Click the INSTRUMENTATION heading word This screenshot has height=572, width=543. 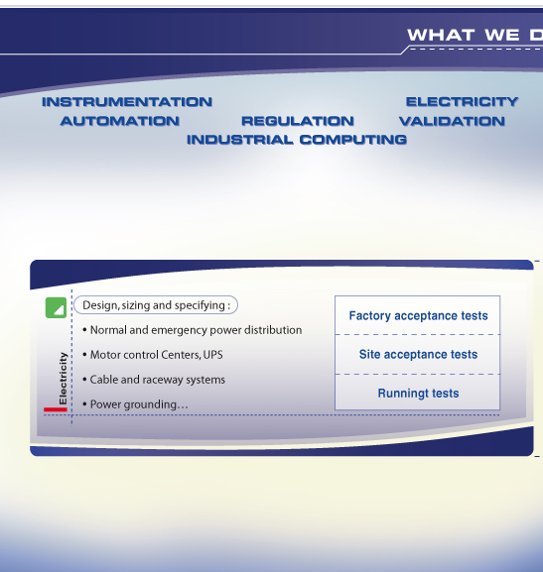[x=127, y=102]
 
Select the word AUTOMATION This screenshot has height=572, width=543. [x=120, y=121]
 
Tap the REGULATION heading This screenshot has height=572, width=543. [x=298, y=121]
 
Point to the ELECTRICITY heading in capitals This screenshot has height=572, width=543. [x=463, y=102]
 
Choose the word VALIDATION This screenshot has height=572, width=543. [x=453, y=121]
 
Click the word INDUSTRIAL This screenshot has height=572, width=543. [x=240, y=140]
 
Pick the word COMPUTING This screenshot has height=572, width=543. [x=353, y=140]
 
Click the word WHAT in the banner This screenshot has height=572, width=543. [x=441, y=36]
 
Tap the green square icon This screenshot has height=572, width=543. [x=56, y=307]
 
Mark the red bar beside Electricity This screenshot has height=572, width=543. [x=56, y=409]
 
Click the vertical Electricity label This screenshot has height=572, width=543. [x=63, y=379]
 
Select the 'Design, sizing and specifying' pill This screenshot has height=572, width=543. [x=156, y=305]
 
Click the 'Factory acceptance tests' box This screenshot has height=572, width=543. [x=418, y=315]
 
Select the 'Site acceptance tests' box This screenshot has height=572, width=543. [x=418, y=354]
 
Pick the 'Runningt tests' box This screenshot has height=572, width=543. [x=418, y=393]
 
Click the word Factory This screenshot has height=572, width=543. [x=370, y=316]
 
